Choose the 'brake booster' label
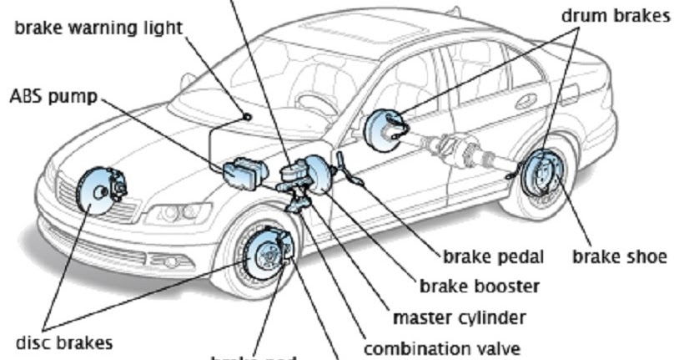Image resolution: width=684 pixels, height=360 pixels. (479, 286)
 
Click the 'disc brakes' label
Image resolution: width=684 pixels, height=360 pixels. (64, 343)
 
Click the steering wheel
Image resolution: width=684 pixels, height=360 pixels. (316, 104)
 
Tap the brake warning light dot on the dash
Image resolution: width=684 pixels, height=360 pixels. (248, 116)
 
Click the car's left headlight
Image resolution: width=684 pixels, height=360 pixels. (179, 214)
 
